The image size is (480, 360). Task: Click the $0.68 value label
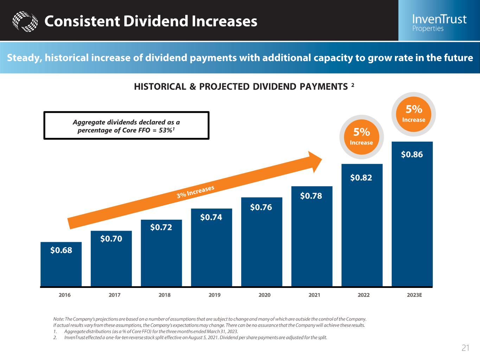click(x=61, y=250)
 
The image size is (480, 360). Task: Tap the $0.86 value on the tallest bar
click(x=412, y=154)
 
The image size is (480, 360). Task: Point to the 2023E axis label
click(x=414, y=295)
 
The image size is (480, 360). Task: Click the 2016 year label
click(x=64, y=295)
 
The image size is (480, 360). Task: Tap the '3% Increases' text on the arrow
click(x=196, y=192)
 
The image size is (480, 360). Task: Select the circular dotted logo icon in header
click(x=25, y=21)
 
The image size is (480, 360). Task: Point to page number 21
click(x=465, y=348)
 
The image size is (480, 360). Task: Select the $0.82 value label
click(x=361, y=178)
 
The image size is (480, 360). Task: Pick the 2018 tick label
click(x=165, y=295)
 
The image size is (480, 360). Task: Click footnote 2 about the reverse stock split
click(x=195, y=337)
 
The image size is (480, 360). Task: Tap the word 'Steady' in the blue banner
click(x=23, y=58)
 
